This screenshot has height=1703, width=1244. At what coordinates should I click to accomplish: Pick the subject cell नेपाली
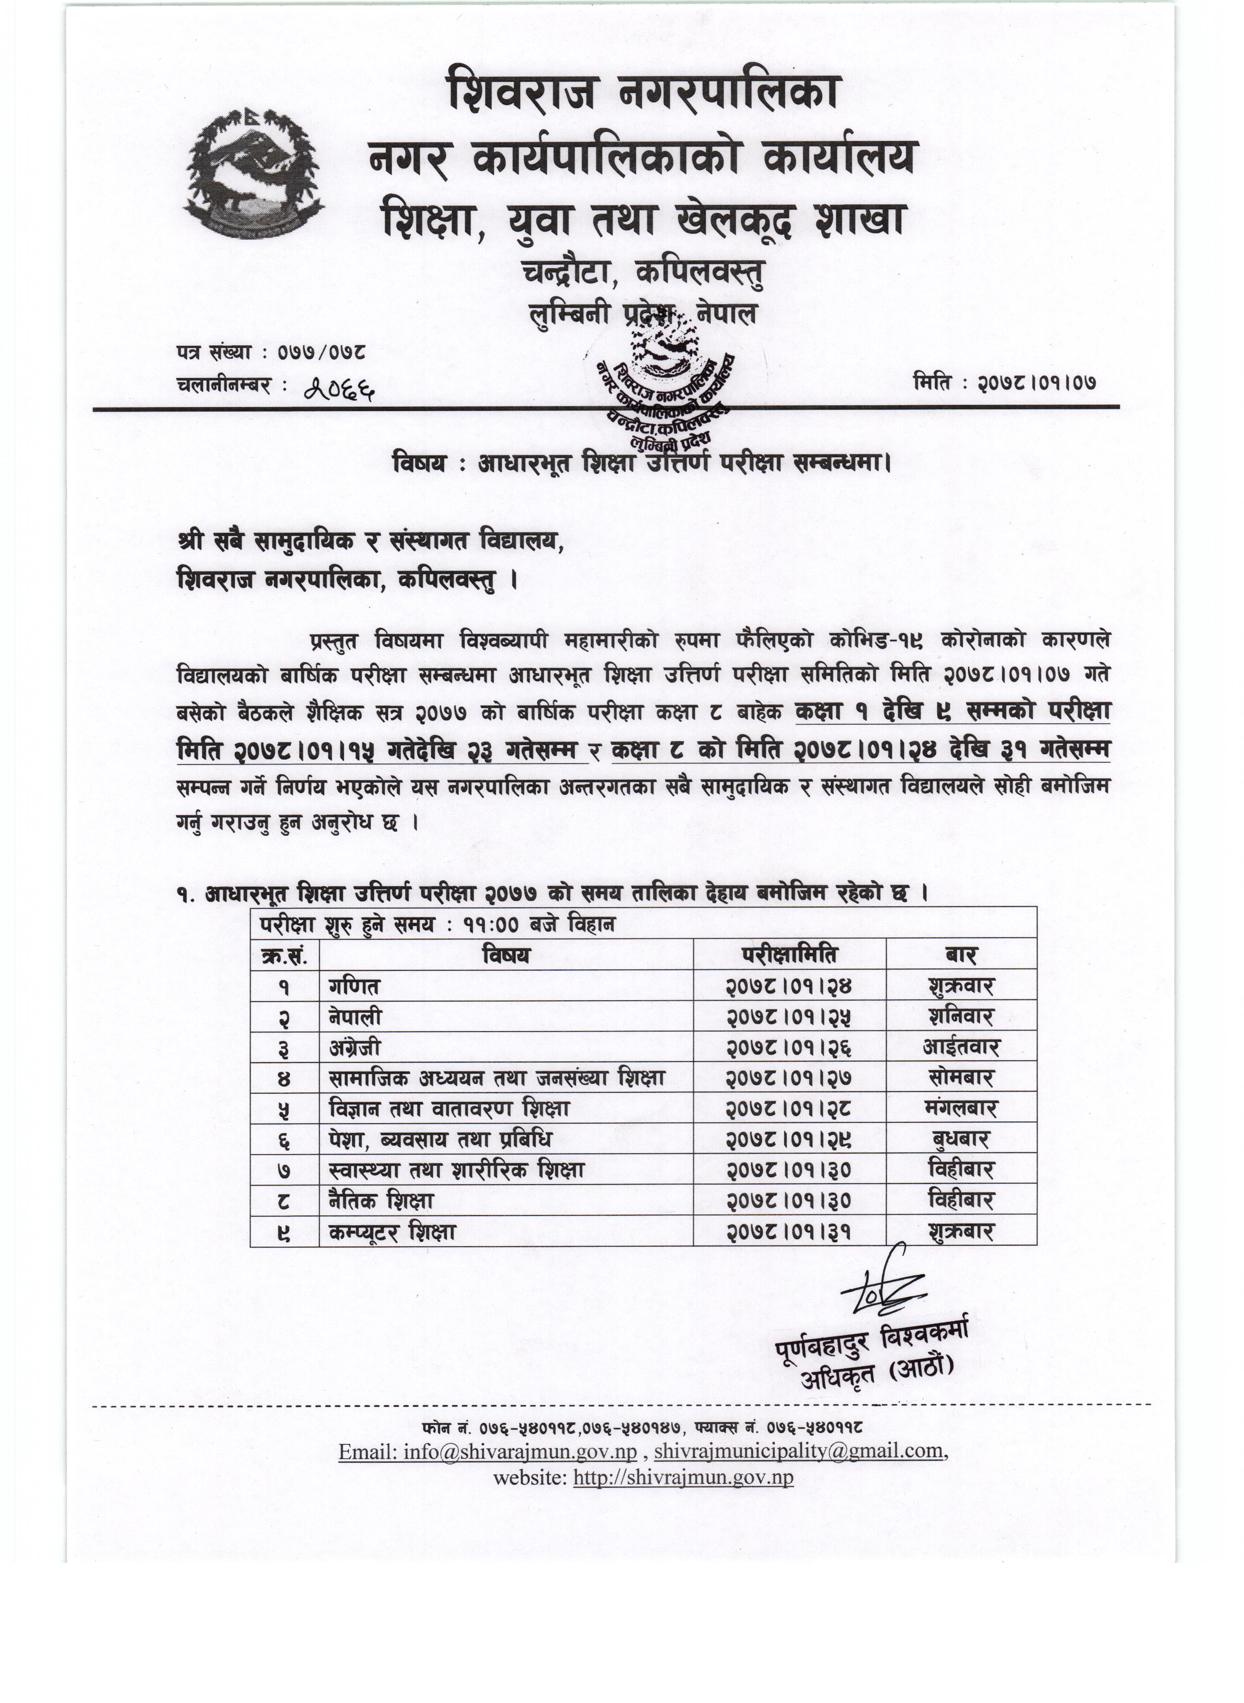[356, 1017]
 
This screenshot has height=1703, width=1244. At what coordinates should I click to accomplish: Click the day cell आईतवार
[961, 1047]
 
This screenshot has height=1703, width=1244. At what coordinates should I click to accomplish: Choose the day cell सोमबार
[961, 1078]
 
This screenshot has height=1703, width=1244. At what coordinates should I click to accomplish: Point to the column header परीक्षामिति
[789, 955]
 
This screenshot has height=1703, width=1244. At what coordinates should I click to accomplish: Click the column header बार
[961, 955]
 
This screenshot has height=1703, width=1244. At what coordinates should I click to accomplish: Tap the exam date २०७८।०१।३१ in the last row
[789, 1232]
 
